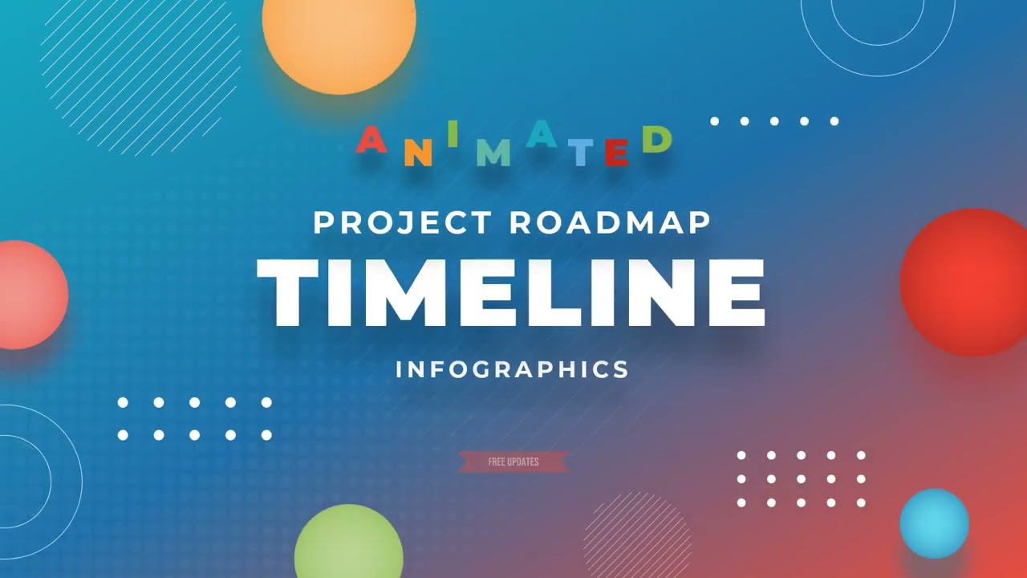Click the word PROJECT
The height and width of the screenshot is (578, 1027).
point(404,222)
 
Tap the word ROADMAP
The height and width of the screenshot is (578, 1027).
point(610,222)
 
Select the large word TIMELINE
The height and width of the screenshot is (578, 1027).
point(511,293)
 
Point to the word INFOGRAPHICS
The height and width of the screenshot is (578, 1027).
point(512,369)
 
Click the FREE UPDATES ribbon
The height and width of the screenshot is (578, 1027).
point(513,462)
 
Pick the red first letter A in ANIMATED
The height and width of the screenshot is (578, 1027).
point(371,141)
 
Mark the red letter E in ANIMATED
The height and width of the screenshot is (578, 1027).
point(616,152)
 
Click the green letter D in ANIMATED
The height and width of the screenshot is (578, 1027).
point(656,140)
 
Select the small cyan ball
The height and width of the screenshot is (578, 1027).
point(934,523)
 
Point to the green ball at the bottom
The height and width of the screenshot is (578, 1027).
point(348,546)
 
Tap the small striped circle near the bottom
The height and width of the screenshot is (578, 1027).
point(638,534)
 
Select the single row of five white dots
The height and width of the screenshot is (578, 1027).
point(773,121)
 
